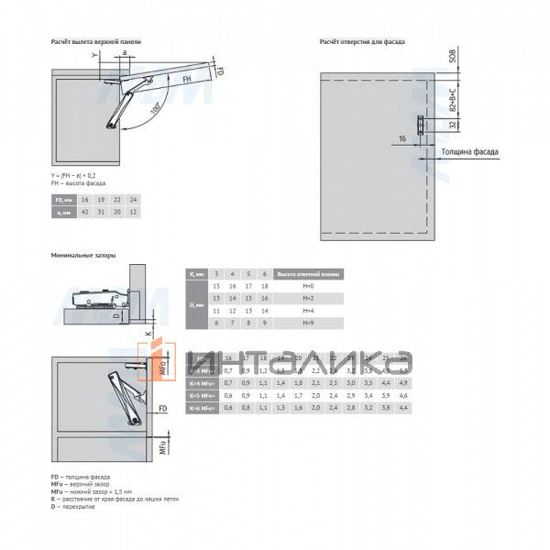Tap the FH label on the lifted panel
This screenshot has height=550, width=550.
[186, 81]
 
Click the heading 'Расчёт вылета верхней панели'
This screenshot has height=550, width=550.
[93, 42]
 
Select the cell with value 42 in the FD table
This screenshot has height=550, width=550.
[84, 212]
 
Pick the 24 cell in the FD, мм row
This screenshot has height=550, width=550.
[134, 199]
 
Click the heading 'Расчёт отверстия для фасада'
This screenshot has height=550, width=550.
[362, 42]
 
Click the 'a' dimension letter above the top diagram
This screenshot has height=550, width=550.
[120, 55]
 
